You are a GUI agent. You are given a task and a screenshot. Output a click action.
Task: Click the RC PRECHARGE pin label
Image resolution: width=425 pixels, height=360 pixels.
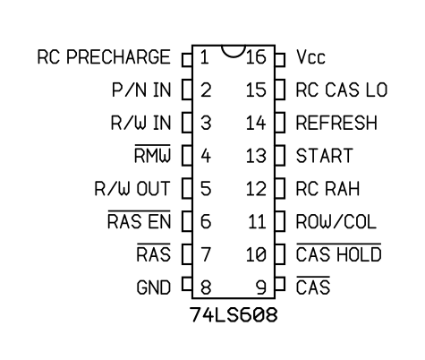pos(104,57)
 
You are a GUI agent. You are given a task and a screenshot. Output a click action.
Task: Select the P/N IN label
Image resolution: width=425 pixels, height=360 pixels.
pos(141,90)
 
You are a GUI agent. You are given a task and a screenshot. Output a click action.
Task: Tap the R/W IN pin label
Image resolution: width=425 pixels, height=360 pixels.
pos(140,123)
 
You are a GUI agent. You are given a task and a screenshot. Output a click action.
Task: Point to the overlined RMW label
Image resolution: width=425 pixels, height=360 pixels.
pos(152,154)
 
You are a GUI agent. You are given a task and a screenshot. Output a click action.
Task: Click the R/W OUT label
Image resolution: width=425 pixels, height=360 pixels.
pos(132,189)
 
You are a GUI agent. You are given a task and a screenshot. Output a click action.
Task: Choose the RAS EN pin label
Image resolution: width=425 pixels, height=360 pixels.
pos(139,219)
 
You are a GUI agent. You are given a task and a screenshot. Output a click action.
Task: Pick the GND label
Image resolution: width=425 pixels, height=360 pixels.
pos(154,287)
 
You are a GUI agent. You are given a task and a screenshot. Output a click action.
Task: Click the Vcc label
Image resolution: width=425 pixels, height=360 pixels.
pos(310,57)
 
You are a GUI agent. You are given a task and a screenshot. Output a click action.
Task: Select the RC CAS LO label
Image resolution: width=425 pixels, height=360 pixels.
pos(342,90)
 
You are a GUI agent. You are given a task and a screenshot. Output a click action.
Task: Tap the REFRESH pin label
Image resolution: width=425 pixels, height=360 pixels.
pos(336,123)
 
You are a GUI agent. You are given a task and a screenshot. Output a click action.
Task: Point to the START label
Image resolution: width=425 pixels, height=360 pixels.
pos(325,156)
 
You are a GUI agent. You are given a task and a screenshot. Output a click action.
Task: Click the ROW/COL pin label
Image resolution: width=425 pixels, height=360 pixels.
pos(336,221)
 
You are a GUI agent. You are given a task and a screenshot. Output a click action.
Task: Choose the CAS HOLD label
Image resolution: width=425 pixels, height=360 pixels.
pos(339,253)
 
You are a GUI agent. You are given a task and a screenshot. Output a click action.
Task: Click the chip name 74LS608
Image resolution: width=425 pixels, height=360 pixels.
pos(234,314)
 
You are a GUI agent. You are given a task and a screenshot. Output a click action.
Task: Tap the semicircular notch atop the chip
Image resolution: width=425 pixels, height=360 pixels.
pos(234,51)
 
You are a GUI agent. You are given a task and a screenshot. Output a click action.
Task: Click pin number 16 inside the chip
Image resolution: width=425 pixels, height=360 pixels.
pos(256,57)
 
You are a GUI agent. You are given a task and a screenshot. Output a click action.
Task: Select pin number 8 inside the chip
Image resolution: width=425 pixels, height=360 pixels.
pos(206,287)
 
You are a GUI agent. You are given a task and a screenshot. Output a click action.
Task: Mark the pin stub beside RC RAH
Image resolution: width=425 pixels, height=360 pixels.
pos(280,189)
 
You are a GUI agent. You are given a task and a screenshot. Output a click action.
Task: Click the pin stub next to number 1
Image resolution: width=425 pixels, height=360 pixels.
pos(187,60)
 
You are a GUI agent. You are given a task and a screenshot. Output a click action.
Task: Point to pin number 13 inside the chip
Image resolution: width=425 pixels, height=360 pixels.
pos(256,156)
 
